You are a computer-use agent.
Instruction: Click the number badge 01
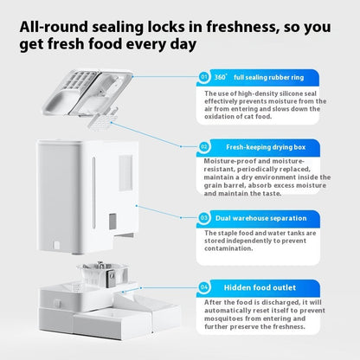pos(204,77)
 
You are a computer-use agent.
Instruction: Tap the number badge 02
pos(204,147)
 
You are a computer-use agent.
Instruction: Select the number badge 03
pos(204,218)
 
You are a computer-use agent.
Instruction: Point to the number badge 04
pos(204,287)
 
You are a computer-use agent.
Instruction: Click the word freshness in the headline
pos(242,27)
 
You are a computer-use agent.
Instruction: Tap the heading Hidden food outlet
pos(260,287)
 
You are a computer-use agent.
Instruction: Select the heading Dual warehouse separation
pos(261,218)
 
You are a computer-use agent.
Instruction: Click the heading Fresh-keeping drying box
pos(266,147)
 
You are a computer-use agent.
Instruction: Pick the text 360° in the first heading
pos(221,77)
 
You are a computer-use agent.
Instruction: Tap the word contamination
pos(228,248)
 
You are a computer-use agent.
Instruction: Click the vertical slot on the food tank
pos(93,192)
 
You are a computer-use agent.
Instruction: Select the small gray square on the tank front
pos(112,222)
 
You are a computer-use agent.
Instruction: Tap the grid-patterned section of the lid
pos(77,80)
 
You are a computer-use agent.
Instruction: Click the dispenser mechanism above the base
pos(103,275)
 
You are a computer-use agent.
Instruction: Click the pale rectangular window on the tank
pos(125,173)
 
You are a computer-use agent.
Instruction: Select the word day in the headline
pos(183,45)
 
